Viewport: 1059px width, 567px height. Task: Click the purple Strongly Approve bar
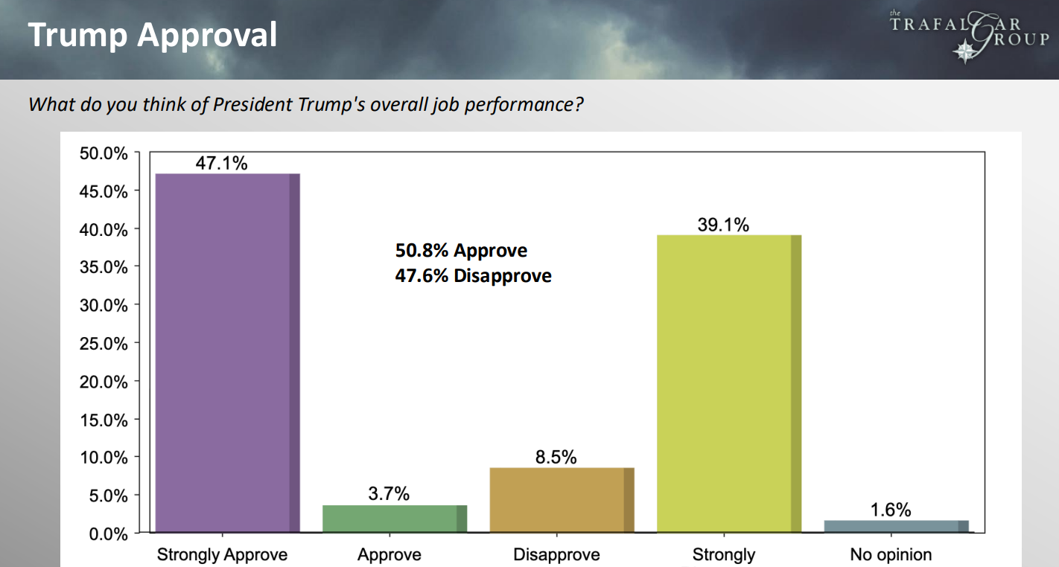tap(227, 353)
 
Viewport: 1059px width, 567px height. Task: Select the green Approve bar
tap(394, 519)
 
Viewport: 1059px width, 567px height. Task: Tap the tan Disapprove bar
tap(562, 500)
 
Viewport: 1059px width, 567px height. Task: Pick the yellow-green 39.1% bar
tap(728, 383)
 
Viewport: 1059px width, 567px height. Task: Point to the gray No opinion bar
tap(896, 527)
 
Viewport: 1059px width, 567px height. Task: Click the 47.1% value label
tap(221, 163)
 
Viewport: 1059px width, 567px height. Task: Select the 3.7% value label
tap(389, 494)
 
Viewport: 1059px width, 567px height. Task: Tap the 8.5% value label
tap(556, 457)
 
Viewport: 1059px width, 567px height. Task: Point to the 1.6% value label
tap(891, 510)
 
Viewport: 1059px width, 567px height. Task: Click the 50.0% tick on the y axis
tap(104, 154)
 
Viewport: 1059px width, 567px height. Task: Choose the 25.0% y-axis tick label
tap(104, 344)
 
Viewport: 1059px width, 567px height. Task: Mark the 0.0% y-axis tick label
tap(107, 534)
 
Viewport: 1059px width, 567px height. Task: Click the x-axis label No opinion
tap(891, 555)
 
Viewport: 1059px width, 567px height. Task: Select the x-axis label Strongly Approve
tap(222, 555)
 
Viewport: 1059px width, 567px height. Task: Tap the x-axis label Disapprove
tap(556, 555)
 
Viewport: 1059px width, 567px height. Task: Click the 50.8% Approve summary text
tap(461, 251)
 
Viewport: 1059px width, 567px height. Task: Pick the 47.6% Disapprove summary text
tap(473, 276)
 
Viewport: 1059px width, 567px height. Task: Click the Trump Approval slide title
tap(153, 35)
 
